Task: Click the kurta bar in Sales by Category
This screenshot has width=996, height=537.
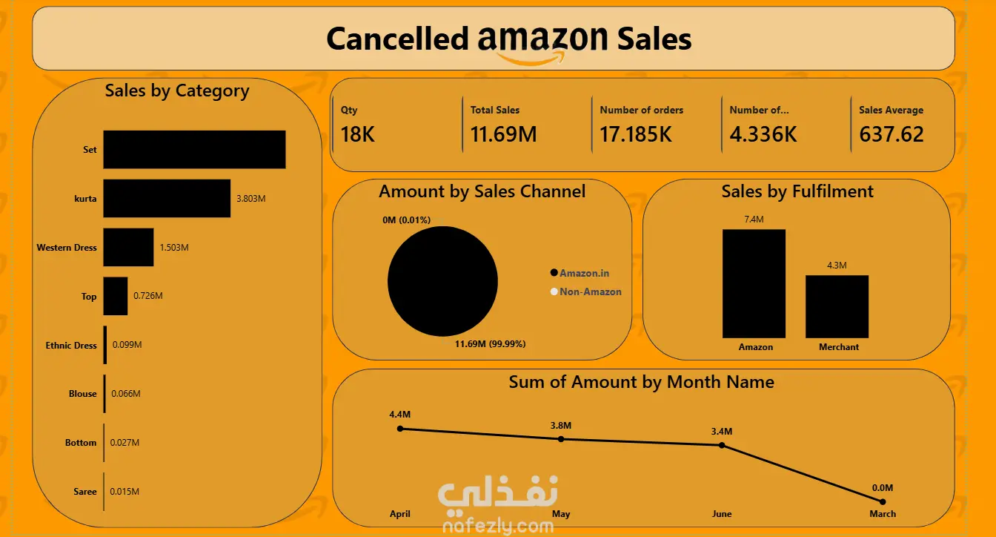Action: click(x=167, y=198)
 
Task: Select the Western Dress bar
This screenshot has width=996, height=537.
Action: click(x=128, y=247)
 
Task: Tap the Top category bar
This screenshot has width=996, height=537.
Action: click(x=116, y=296)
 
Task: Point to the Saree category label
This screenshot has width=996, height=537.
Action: click(x=84, y=492)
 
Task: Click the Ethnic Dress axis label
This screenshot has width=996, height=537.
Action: click(x=71, y=346)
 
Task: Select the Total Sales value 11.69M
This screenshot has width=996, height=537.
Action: click(x=503, y=134)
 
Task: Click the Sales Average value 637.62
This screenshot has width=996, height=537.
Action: click(x=892, y=134)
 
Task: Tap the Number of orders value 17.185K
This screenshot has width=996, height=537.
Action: click(x=636, y=134)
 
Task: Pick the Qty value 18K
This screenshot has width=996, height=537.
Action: click(x=358, y=134)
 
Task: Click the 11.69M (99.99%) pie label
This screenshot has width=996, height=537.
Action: click(x=490, y=343)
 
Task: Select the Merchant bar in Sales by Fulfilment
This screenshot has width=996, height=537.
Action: click(x=837, y=306)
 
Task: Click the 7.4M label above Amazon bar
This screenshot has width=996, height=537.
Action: click(x=754, y=220)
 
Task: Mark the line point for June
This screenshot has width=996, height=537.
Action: click(x=722, y=445)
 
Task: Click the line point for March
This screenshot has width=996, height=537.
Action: click(x=882, y=501)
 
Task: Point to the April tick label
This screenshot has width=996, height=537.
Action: click(x=400, y=514)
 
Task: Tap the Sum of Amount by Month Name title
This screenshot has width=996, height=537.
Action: click(x=641, y=382)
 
